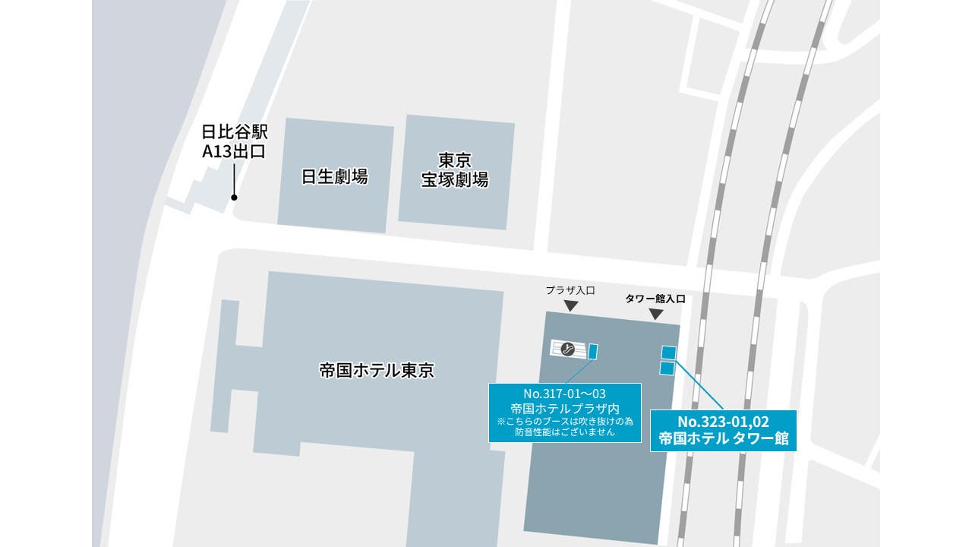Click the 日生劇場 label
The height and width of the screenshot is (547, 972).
pos(335,177)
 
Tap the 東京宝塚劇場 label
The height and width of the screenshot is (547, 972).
pos(455,170)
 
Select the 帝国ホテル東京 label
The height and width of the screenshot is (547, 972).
pos(377,371)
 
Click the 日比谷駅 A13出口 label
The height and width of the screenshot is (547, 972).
pos(234,141)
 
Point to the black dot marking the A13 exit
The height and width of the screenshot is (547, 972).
pos(234,198)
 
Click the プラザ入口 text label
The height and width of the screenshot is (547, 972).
pos(570,289)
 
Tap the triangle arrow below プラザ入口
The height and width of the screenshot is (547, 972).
pos(571,305)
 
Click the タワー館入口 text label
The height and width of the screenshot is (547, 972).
pos(655,299)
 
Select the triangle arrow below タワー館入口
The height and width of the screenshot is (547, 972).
pos(655,314)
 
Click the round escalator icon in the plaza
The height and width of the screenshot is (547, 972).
pos(567,349)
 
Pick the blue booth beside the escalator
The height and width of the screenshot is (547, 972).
pos(593,351)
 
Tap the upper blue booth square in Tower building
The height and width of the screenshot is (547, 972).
pos(668,352)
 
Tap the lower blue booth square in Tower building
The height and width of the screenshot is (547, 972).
pos(667,368)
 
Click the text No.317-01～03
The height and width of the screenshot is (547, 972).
pos(564,394)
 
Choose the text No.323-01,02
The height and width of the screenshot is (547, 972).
pos(723,422)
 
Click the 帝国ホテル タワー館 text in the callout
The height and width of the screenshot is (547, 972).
pos(723,438)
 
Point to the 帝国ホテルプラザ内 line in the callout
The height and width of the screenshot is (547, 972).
pos(564,408)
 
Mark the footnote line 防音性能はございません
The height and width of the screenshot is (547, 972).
pos(564,432)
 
